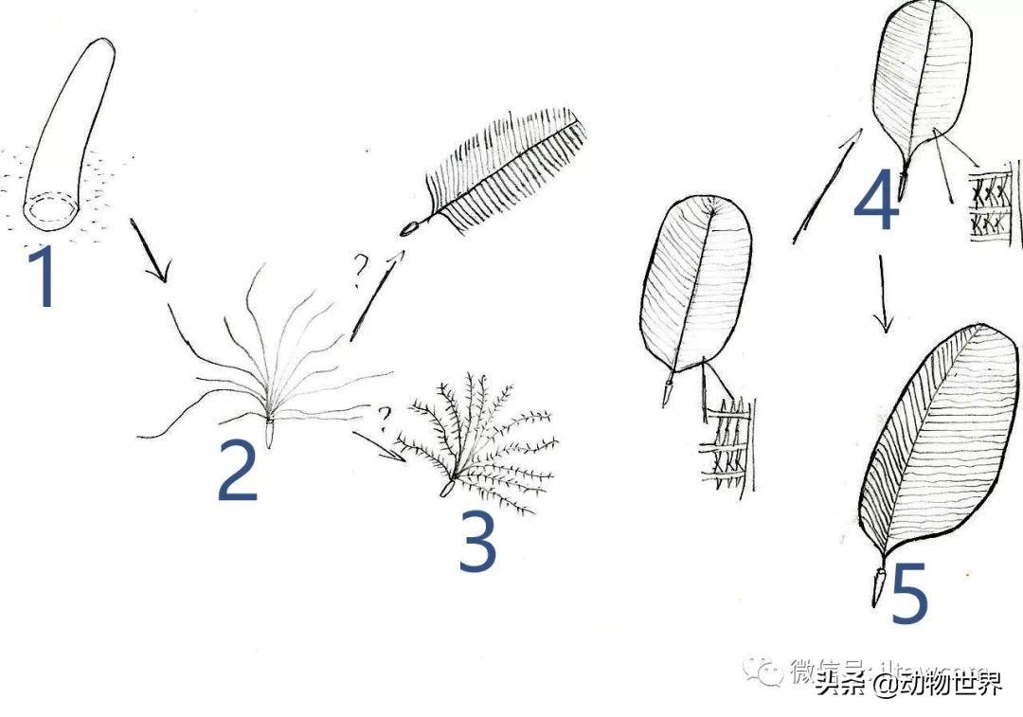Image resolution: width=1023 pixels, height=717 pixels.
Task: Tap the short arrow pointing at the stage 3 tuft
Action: (x=379, y=445)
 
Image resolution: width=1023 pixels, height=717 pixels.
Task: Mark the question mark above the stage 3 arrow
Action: (x=384, y=416)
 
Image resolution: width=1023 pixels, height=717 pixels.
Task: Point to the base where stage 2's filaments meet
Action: (x=269, y=423)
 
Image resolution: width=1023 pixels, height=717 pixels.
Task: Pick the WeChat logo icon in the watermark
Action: (x=762, y=670)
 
